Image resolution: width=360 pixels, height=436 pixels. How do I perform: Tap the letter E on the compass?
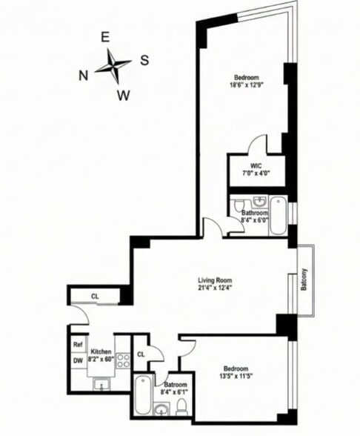pos(105,37)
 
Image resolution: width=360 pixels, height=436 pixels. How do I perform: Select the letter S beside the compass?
pos(144,59)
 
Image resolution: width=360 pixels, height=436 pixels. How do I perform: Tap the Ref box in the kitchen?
pos(77,345)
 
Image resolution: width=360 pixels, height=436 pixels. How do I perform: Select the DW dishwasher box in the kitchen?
pos(77,360)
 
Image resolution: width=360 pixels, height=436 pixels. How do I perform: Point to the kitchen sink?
pos(103,383)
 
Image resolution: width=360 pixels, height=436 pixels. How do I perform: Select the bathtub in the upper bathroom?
pos(277,215)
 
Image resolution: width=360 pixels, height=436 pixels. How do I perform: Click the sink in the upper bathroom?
pos(259,202)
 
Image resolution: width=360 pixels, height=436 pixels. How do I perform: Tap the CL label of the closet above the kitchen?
pos(95,296)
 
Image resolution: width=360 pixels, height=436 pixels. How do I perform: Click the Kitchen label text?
pos(100,351)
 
